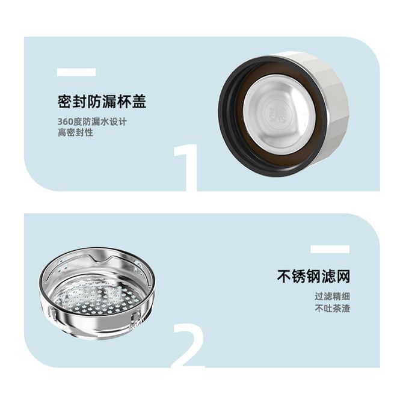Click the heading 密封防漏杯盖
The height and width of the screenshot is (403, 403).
[x=102, y=101]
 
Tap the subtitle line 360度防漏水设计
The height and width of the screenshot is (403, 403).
[x=92, y=122]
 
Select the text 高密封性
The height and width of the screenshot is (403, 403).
[x=75, y=132]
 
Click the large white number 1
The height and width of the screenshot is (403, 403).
[x=186, y=168]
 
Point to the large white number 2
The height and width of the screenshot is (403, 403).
[x=189, y=345]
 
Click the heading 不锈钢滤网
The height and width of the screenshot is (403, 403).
[x=313, y=276]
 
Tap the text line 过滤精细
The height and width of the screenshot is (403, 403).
[x=332, y=297]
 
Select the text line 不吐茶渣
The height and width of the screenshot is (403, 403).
[x=332, y=308]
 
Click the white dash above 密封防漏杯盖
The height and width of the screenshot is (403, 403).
[x=76, y=72]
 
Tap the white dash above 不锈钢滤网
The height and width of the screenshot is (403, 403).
[x=330, y=249]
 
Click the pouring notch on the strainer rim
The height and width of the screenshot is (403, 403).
[x=101, y=257]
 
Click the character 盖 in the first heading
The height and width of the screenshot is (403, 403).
[x=139, y=101]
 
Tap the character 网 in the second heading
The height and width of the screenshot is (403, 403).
[x=343, y=276]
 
